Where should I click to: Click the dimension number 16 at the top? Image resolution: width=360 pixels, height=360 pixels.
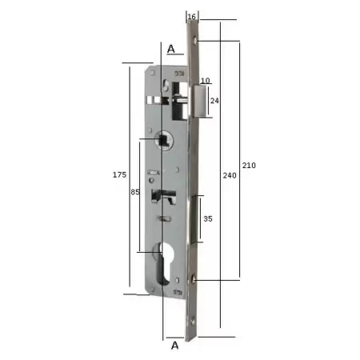click(191, 15)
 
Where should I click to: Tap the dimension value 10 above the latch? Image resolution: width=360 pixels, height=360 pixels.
click(205, 80)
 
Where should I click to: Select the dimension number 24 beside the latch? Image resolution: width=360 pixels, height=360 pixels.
click(214, 101)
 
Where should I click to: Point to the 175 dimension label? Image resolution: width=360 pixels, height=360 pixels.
click(119, 174)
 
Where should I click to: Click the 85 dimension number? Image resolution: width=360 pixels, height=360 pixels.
click(135, 192)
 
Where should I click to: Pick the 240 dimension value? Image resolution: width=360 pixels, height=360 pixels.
click(229, 174)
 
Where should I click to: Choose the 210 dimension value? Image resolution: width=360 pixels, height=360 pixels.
click(249, 166)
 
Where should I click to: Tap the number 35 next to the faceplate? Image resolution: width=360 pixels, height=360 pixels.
click(207, 217)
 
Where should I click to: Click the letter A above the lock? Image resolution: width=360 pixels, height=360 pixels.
click(171, 49)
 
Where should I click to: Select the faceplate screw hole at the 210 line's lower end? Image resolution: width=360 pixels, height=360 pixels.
click(194, 279)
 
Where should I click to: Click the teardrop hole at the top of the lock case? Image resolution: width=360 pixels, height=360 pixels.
click(165, 84)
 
